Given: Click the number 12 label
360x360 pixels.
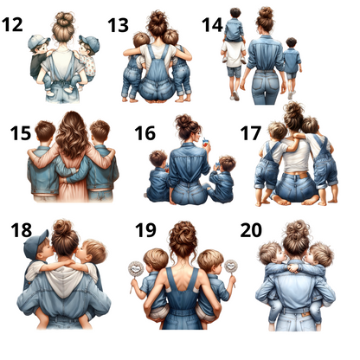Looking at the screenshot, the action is (12, 25).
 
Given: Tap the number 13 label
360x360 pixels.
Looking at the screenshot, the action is (118, 25).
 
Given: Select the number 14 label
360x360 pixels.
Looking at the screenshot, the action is (212, 25).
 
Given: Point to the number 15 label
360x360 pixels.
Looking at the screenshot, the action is (21, 133).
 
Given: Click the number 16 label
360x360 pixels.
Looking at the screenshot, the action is (145, 133).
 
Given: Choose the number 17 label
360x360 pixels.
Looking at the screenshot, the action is (251, 133).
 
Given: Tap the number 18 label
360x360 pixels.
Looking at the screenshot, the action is (22, 230).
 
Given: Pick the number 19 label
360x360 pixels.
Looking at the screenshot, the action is (145, 230).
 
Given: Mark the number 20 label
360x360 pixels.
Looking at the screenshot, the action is (251, 230).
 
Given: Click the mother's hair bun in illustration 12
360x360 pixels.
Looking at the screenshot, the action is (64, 19).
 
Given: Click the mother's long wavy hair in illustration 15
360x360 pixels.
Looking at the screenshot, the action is (72, 135).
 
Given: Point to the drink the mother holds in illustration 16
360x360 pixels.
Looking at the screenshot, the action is (205, 143).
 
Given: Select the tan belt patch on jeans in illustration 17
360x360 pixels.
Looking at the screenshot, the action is (303, 176).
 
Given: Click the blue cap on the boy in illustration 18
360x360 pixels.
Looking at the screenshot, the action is (35, 244).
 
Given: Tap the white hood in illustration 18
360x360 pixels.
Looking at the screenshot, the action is (64, 282).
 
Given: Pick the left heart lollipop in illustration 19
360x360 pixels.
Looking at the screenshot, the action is (135, 270).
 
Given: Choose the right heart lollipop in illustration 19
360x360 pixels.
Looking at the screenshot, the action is (231, 267).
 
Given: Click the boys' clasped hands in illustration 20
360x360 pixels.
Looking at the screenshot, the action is (294, 268).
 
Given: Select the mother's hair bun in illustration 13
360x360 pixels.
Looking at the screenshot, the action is (157, 19).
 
